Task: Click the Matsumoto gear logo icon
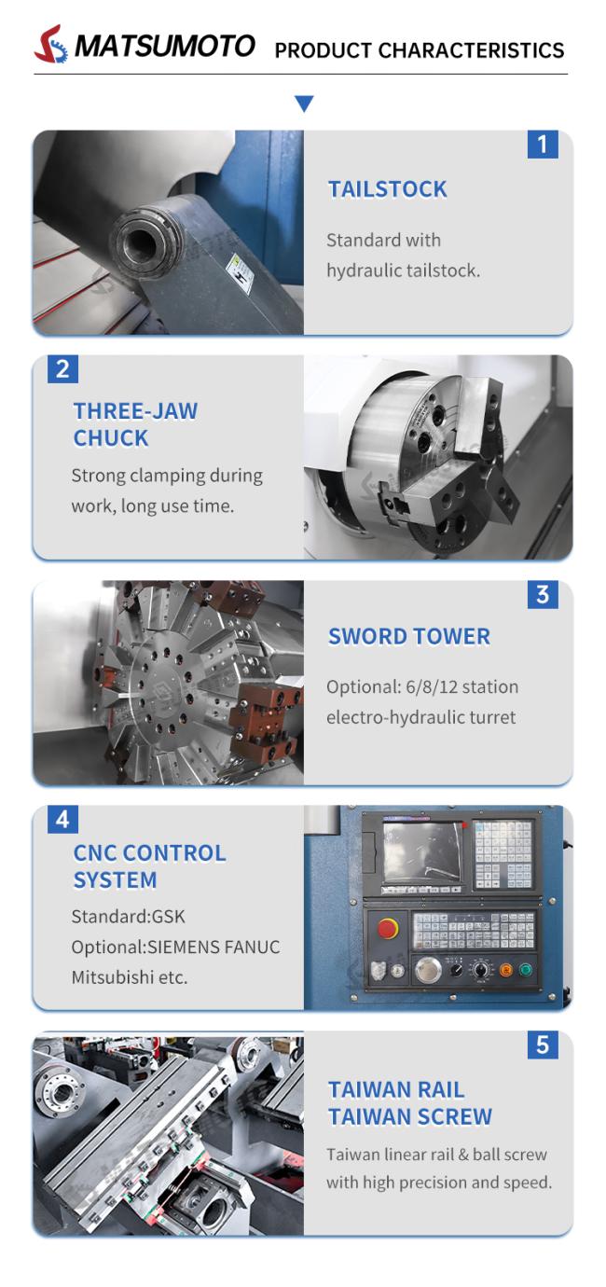pos(50,44)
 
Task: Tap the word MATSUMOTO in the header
pos(165,46)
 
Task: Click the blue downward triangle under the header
pos(304,104)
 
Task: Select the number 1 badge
pos(543,144)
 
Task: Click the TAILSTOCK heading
pos(387,189)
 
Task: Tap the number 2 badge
pos(62,369)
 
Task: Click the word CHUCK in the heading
pos(111,438)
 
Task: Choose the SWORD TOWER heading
pos(409,637)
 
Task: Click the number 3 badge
pos(543,595)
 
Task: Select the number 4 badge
pos(62,820)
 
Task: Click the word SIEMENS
pos(180,947)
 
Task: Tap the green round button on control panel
pos(525,971)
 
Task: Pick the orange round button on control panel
pos(506,971)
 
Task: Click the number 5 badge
pos(543,1045)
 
